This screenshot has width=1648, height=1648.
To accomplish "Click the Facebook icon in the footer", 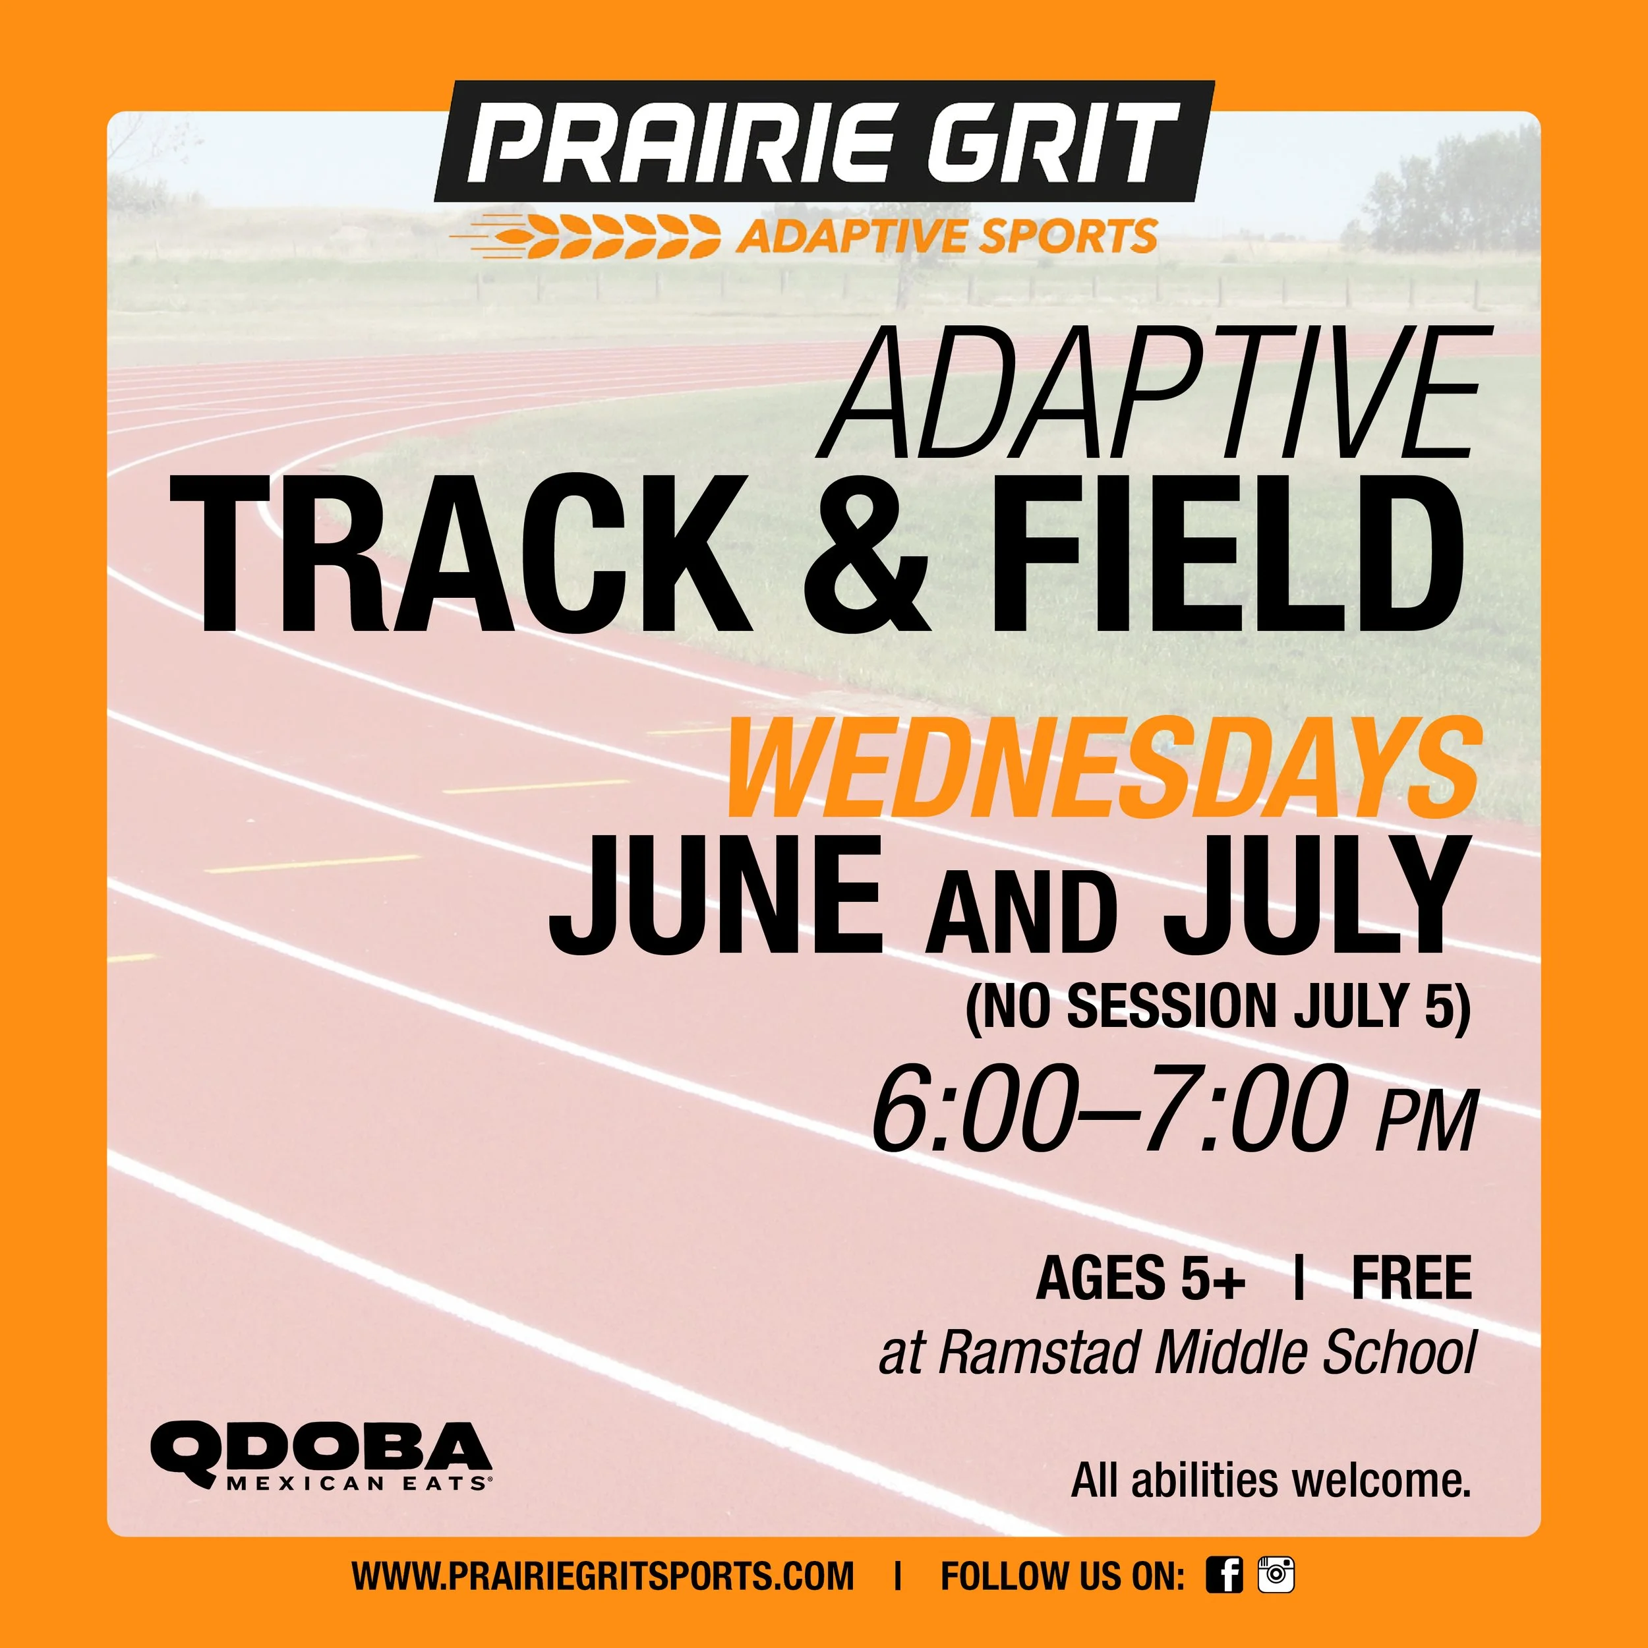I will (x=1223, y=1575).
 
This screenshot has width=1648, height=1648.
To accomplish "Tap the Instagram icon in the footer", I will (x=1276, y=1575).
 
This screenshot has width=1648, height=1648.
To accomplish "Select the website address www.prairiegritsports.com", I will (x=603, y=1575).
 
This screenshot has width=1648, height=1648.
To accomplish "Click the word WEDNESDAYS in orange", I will (x=1100, y=769).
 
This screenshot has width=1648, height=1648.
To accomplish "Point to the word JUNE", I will (x=717, y=897).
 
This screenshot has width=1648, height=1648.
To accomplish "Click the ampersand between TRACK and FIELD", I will (x=864, y=554).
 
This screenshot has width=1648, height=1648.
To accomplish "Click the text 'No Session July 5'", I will (x=1218, y=1007).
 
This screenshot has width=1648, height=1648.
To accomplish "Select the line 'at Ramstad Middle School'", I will (x=1177, y=1353).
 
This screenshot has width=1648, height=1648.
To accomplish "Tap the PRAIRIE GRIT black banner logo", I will (x=824, y=141).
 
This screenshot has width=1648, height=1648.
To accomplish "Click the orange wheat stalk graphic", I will (x=597, y=236).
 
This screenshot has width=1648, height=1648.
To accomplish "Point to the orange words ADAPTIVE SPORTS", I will (x=947, y=236).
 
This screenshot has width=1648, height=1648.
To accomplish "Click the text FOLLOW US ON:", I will (x=1062, y=1575).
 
